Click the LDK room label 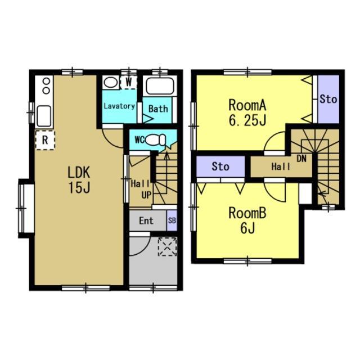pos(79,173)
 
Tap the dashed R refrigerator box pos(45,140)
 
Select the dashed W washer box pos(129,82)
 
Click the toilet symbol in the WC pos(156,140)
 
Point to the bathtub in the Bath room pos(160,86)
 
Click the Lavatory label pos(119,106)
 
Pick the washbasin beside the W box pos(111,82)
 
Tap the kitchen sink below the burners pos(44,116)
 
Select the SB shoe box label pos(172,220)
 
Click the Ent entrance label pos(146,221)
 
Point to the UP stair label pos(146,195)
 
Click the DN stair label pos(301,159)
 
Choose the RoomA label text pos(247,105)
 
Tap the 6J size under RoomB pos(247,228)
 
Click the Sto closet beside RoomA pos(328,99)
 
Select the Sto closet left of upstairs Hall pos(220,166)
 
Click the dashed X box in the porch pos(168,247)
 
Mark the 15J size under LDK pos(79,188)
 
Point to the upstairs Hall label pos(281,166)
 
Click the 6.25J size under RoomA pos(247,120)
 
